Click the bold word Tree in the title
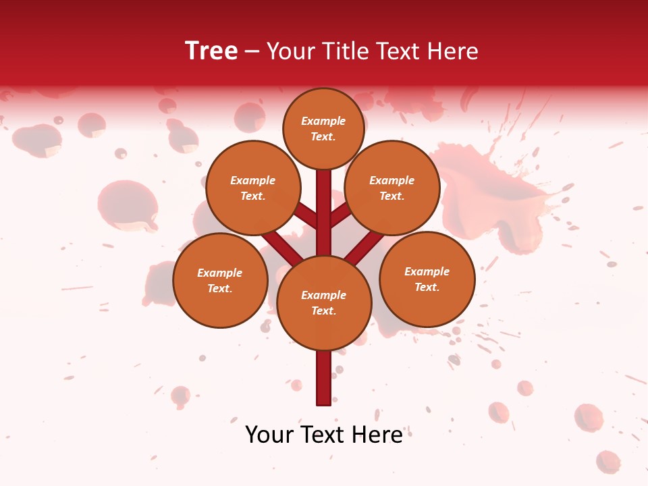pyautogui.click(x=211, y=51)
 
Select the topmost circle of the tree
pyautogui.click(x=323, y=128)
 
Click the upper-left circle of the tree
pyautogui.click(x=253, y=188)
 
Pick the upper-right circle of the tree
pyautogui.click(x=392, y=188)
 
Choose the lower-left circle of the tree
pyautogui.click(x=220, y=280)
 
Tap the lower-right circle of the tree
pyautogui.click(x=427, y=279)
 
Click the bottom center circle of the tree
pyautogui.click(x=324, y=303)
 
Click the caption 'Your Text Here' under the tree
pyautogui.click(x=324, y=435)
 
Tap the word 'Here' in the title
pyautogui.click(x=453, y=51)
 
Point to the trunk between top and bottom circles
pyautogui.click(x=324, y=213)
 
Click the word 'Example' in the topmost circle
pyautogui.click(x=323, y=121)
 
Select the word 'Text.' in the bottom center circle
pyautogui.click(x=323, y=311)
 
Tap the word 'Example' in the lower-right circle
pyautogui.click(x=427, y=271)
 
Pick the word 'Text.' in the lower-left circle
pyautogui.click(x=219, y=289)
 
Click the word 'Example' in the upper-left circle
pyautogui.click(x=253, y=180)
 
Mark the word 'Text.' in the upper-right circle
pyautogui.click(x=391, y=196)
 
